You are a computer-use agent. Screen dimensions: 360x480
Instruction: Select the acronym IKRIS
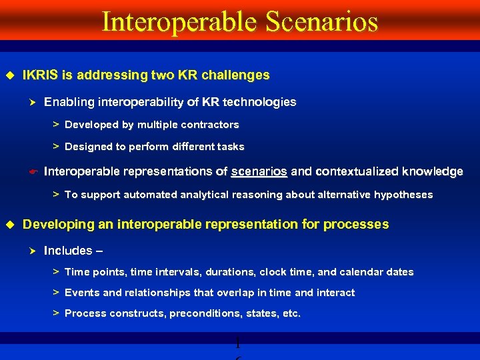[x=39, y=75]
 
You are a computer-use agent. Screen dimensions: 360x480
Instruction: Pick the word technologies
[x=259, y=102]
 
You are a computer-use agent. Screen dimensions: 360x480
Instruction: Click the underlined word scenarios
[x=259, y=172]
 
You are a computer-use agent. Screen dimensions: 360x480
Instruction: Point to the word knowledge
[x=429, y=172]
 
